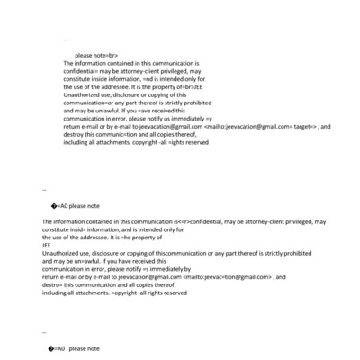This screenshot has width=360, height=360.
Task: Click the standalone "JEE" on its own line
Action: (x=48, y=246)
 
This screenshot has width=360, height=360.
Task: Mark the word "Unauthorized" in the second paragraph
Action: (x=63, y=254)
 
